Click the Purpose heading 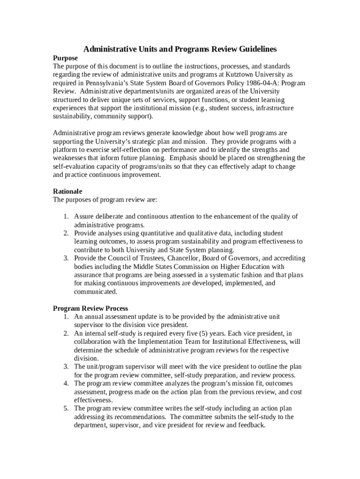coord(65,58)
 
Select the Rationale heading coord(67,191)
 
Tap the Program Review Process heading coord(90,308)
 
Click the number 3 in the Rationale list coord(66,258)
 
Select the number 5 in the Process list coord(66,408)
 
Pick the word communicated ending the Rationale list coord(95,292)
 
